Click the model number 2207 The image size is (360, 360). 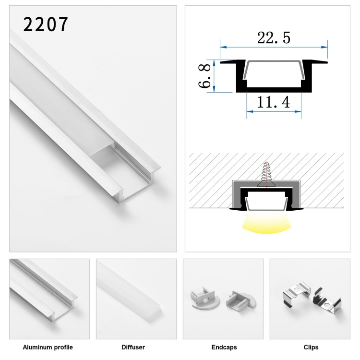coord(46,24)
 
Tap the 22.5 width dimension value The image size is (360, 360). coord(274,37)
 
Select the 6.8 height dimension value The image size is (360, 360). coord(204,76)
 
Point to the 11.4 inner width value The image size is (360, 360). coord(274,102)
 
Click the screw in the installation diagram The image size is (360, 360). coord(266,174)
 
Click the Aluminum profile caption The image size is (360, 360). coord(48,347)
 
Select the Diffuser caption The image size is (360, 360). coord(133,347)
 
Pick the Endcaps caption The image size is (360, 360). coord(224,347)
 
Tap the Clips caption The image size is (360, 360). coord(311,347)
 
